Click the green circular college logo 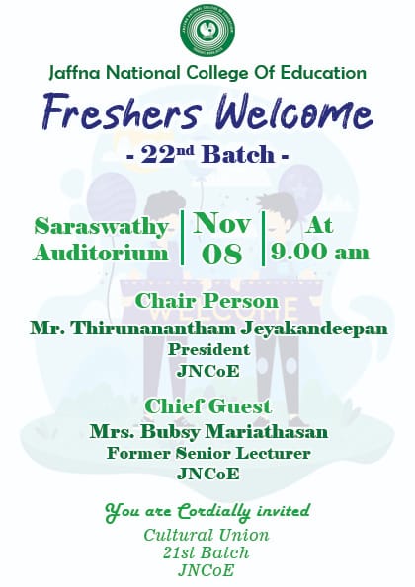[207, 32]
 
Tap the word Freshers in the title [123, 111]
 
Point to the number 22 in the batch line [156, 155]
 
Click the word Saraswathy [101, 228]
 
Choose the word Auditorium [101, 254]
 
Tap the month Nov [221, 223]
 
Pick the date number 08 [221, 254]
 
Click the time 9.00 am [320, 252]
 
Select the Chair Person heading [207, 301]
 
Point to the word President [208, 349]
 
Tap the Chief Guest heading [207, 406]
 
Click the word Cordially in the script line [213, 511]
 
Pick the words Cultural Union [207, 535]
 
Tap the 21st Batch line [206, 552]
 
